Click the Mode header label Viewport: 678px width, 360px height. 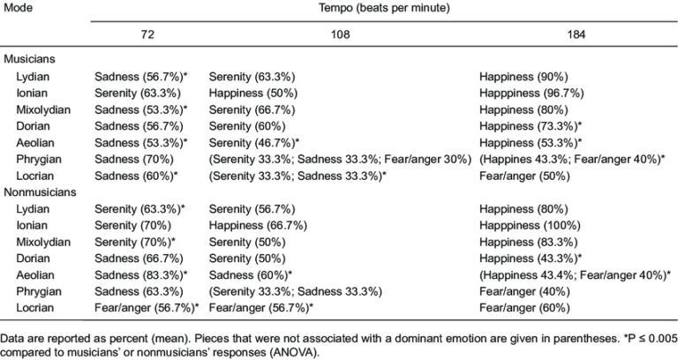coord(16,6)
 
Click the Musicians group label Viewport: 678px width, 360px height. coord(30,59)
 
